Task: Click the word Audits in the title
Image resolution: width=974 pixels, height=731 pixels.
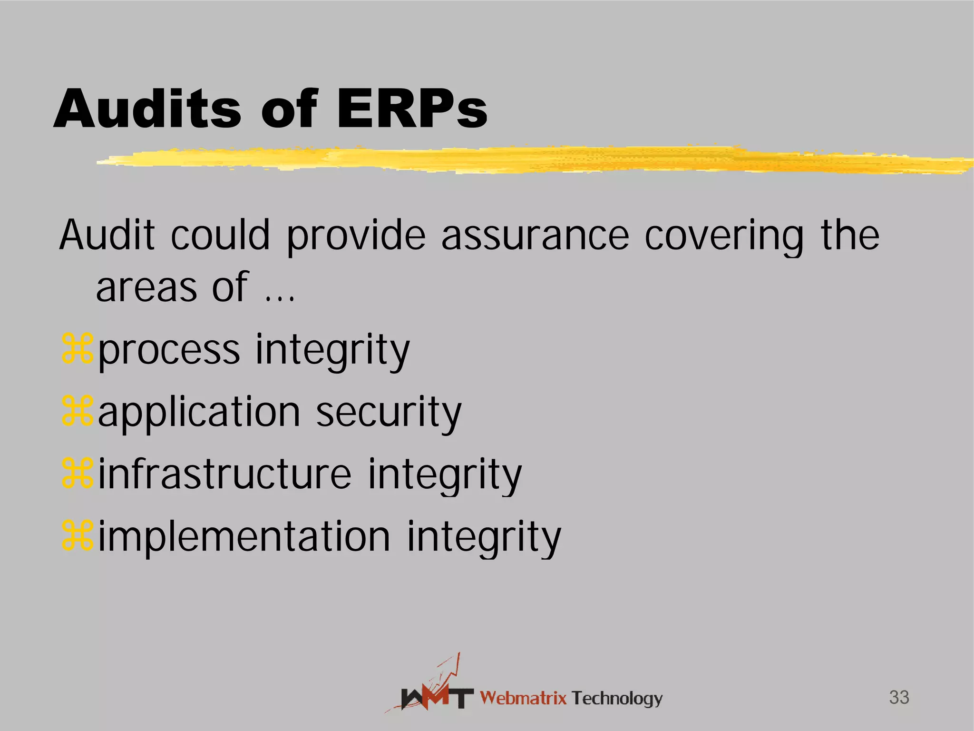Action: point(147,109)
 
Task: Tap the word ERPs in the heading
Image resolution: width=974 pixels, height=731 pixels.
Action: point(412,109)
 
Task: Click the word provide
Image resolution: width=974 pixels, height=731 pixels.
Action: point(356,237)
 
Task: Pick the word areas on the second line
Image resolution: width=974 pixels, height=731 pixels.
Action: point(146,288)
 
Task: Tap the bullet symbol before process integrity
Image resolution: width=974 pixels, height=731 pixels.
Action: point(77,350)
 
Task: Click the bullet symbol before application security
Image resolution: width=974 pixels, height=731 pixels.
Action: point(77,412)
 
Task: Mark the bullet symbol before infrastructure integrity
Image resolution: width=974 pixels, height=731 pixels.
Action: point(77,474)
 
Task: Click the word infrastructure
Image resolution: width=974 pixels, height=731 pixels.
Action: point(224,474)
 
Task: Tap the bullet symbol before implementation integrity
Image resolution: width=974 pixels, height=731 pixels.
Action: point(77,536)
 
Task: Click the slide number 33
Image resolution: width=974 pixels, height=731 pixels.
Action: point(899,698)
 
